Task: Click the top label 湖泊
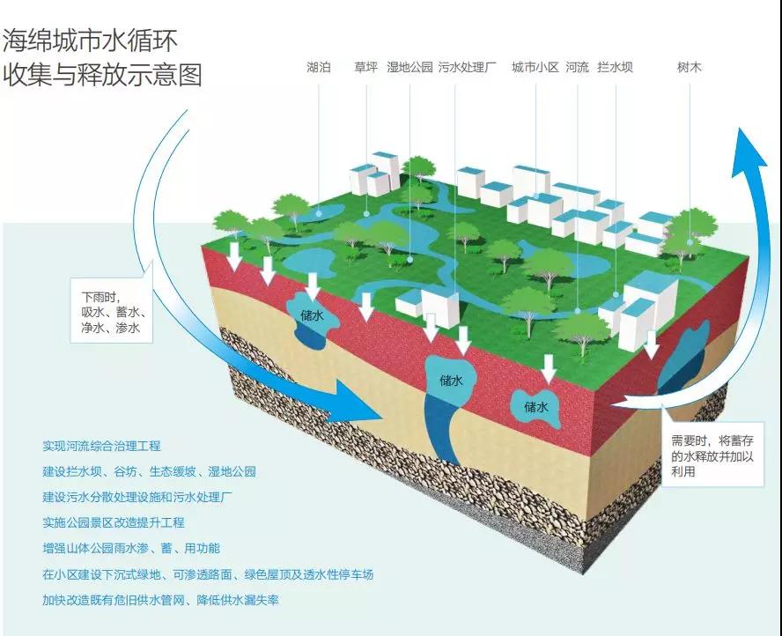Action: [x=319, y=67]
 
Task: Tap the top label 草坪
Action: [x=365, y=67]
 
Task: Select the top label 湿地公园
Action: [x=409, y=67]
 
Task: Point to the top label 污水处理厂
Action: [x=468, y=67]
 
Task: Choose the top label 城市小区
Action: [x=535, y=67]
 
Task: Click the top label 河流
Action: [x=577, y=67]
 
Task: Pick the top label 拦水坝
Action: [x=615, y=67]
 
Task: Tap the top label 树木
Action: [x=690, y=67]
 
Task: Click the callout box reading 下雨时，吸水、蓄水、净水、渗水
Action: [x=111, y=311]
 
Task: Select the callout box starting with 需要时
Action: [x=713, y=454]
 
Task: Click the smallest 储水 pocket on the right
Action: [x=536, y=408]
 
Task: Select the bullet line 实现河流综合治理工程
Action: [x=102, y=446]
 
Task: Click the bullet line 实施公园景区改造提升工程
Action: [x=114, y=522]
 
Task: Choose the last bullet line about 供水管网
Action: [x=160, y=600]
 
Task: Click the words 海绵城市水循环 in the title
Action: [x=91, y=41]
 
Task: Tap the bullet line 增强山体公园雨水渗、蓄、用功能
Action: [x=131, y=549]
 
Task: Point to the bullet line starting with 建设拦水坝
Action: [x=149, y=472]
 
